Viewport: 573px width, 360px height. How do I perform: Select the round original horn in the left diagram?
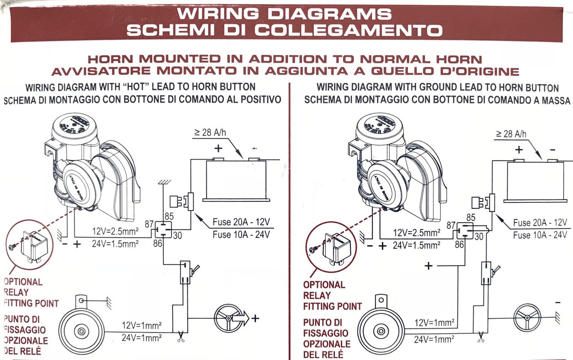pyautogui.click(x=81, y=331)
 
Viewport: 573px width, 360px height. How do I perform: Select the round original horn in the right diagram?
pyautogui.click(x=381, y=331)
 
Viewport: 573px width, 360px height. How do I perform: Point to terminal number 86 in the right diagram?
pyautogui.click(x=459, y=245)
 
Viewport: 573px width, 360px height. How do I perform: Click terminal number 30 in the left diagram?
pyautogui.click(x=177, y=235)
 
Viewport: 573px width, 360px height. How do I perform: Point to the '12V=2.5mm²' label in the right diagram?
pyautogui.click(x=416, y=233)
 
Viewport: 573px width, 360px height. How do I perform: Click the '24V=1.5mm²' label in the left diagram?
pyautogui.click(x=115, y=244)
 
